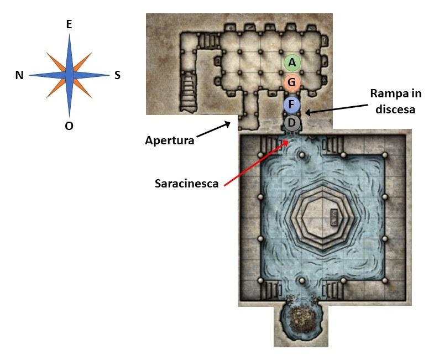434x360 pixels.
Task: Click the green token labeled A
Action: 292,63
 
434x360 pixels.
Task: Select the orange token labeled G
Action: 292,83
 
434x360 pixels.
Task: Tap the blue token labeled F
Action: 291,104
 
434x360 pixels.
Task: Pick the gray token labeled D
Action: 292,122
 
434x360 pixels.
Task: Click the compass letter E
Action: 69,24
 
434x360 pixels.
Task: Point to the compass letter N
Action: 19,76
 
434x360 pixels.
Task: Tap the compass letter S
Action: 117,75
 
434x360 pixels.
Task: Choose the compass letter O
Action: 69,126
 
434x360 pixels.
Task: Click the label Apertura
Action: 169,140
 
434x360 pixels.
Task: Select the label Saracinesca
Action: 186,183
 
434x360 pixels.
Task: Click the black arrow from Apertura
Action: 213,131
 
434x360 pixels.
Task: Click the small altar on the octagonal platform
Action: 334,217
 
